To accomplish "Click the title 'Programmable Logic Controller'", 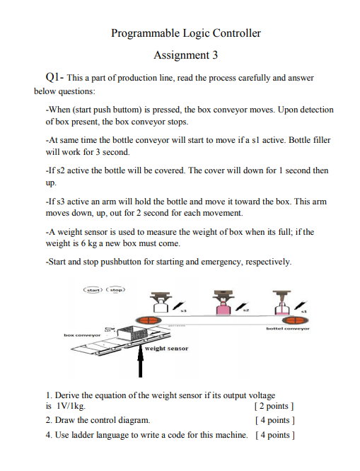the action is [x=186, y=33].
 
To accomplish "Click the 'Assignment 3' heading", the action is [x=186, y=55].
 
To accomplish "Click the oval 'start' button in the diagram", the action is [x=94, y=290].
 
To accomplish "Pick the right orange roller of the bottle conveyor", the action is [x=283, y=320].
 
